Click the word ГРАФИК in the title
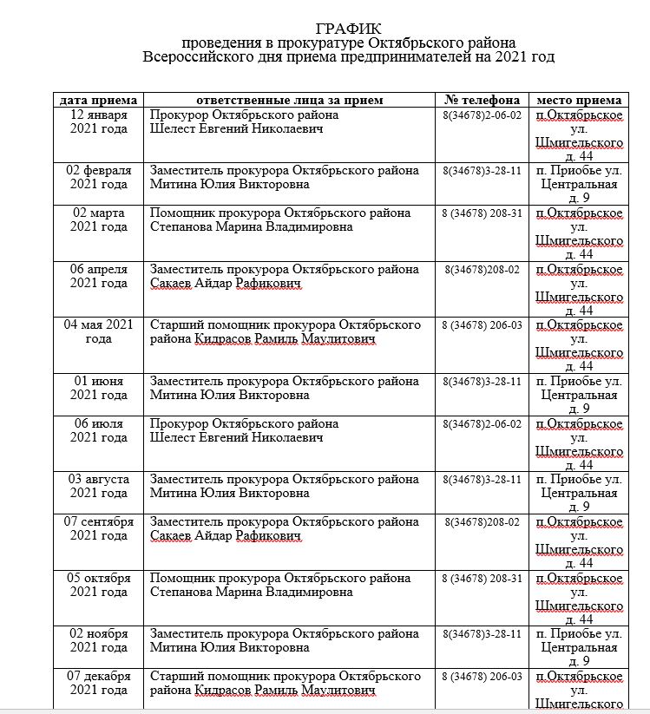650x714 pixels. (349, 29)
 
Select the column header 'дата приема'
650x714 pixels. (98, 100)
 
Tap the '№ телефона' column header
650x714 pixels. (482, 100)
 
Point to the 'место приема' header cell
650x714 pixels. (578, 100)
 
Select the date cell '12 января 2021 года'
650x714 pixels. (98, 121)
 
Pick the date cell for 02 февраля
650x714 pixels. (98, 177)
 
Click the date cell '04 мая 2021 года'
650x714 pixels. (98, 331)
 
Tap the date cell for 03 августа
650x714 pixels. (98, 486)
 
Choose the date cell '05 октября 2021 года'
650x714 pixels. (98, 586)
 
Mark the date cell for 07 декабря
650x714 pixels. (98, 683)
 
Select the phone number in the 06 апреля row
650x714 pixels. (482, 270)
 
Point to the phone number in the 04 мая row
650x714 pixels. (482, 325)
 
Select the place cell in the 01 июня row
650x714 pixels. (578, 395)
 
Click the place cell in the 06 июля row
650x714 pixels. (578, 444)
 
